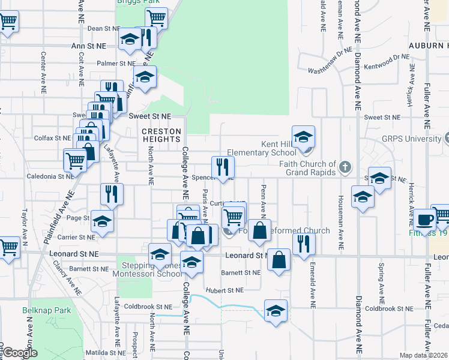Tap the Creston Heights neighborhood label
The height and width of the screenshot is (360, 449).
point(161,135)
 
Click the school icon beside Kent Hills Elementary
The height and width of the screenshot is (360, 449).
point(304,137)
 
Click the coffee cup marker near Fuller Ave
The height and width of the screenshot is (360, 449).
point(425,220)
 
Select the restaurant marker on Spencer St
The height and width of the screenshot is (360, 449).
point(221,167)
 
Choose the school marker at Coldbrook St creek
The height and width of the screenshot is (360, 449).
point(276,310)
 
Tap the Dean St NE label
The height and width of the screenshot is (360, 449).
point(104,28)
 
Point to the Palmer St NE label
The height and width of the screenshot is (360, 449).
point(116,63)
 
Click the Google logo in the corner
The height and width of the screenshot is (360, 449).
point(20,353)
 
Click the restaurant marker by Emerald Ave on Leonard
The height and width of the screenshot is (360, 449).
point(304,244)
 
